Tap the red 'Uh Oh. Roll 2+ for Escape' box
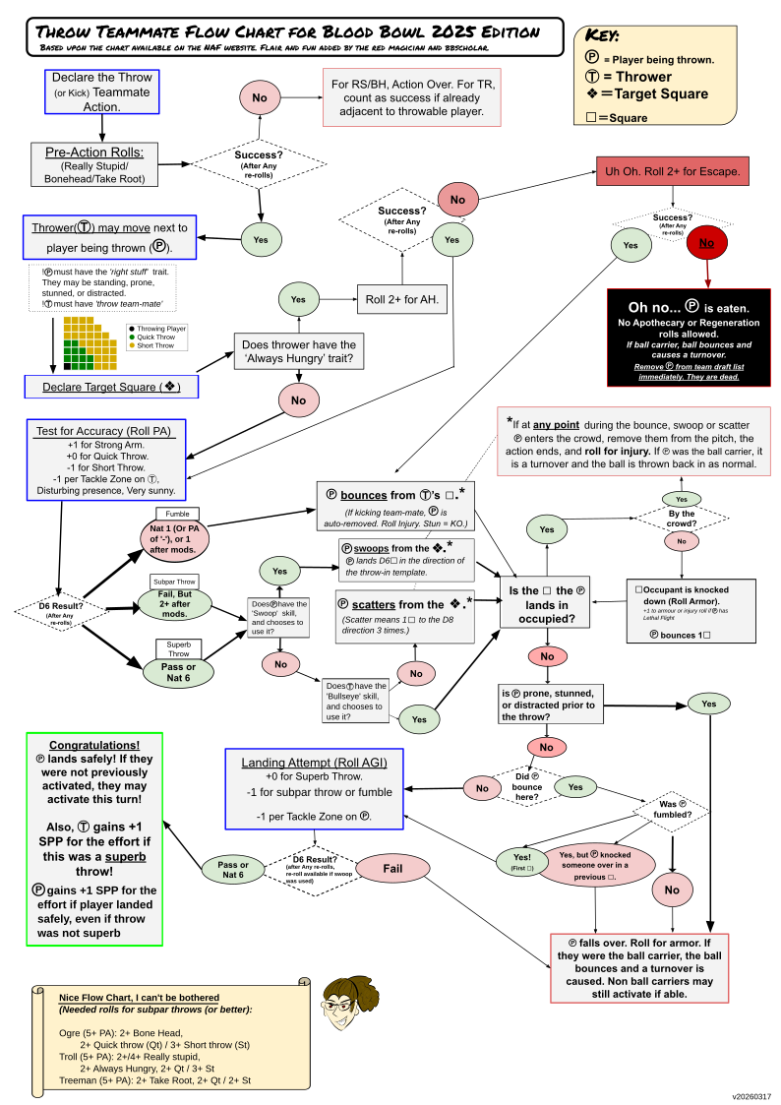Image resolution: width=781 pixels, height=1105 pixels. (x=673, y=170)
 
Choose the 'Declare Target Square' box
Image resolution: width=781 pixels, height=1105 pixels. (x=111, y=386)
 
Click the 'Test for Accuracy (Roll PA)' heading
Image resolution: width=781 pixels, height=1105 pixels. (x=102, y=429)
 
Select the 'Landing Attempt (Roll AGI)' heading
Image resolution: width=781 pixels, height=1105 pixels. (x=314, y=763)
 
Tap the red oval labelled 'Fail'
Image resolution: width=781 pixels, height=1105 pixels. (x=392, y=868)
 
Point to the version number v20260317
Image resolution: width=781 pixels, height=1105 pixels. (x=751, y=1095)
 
